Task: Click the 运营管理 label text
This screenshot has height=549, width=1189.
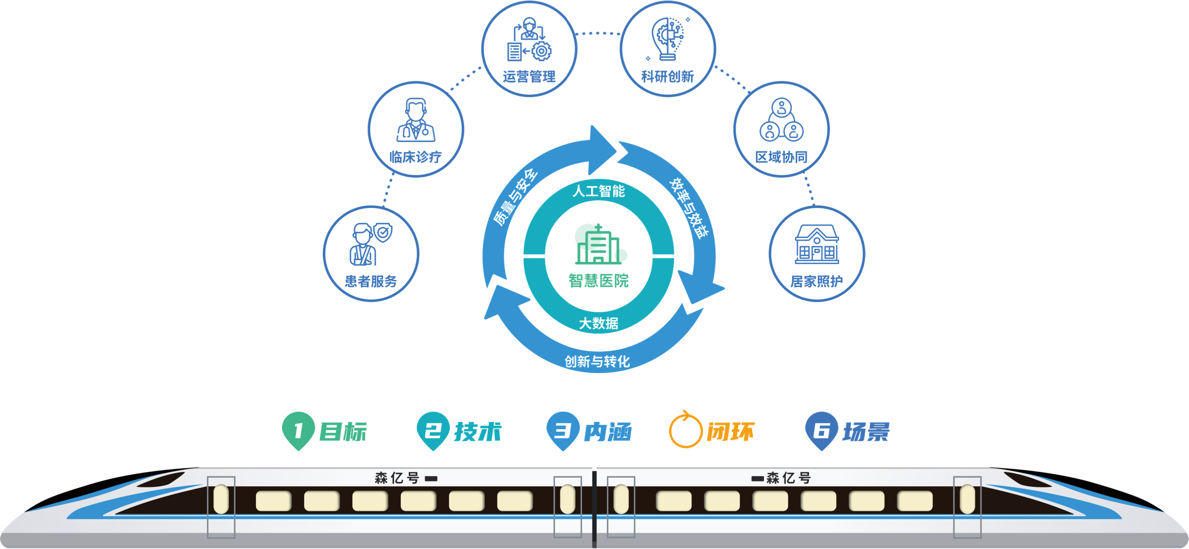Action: pos(529,77)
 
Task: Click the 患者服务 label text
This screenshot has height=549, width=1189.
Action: pos(371,281)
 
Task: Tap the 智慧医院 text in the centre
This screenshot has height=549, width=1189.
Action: pos(598,280)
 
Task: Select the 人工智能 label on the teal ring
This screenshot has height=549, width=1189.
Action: pos(598,191)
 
